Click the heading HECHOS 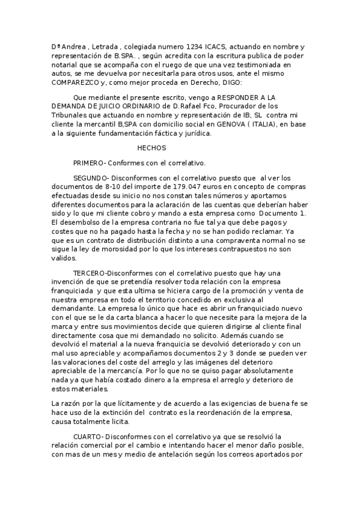pos(151,147)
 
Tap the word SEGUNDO pos(90,178)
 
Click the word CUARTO pos(88,435)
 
